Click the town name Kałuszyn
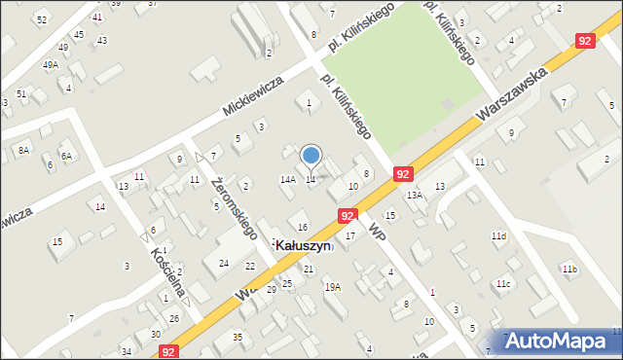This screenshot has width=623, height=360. [305, 247]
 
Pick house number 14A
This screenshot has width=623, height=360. [287, 180]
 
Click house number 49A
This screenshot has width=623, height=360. [50, 65]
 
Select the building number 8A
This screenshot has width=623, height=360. [23, 151]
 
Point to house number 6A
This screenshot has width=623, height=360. [66, 156]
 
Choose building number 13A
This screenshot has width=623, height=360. [415, 196]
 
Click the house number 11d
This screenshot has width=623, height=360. [498, 236]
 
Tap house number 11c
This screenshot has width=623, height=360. [503, 284]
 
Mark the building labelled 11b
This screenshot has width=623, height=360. [568, 270]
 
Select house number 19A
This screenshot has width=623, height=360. [332, 287]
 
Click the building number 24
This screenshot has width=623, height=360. [224, 264]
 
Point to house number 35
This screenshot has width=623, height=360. [237, 337]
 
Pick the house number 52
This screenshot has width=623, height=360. [41, 19]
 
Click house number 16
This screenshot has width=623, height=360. [303, 227]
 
